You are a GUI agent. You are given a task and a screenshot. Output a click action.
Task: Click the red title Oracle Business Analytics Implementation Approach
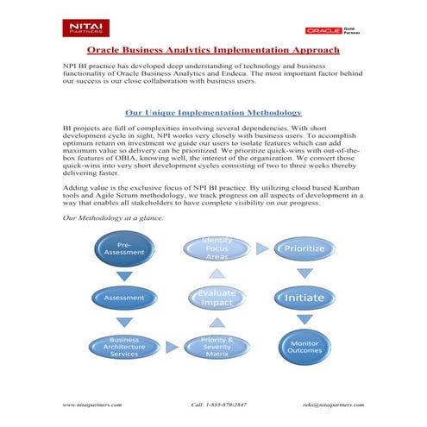213,51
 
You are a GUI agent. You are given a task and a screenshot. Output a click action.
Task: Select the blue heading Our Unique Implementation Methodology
213,112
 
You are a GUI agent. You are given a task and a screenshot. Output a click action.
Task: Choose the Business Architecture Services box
124,347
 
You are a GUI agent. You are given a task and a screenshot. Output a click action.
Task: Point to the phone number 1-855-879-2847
219,404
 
